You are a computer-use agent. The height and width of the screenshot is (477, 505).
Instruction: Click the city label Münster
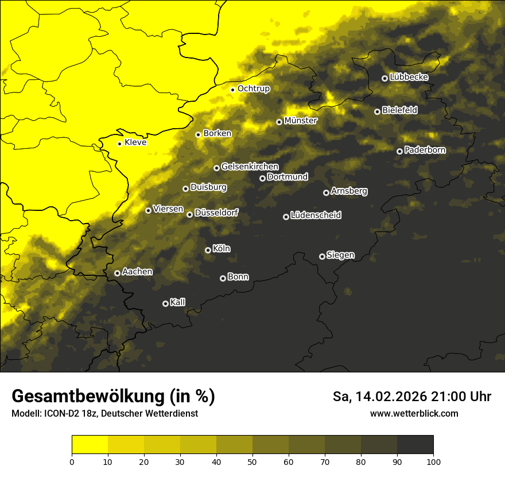301,121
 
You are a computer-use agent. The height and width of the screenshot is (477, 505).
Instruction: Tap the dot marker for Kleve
119,144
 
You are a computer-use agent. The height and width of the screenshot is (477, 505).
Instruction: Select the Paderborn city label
425,150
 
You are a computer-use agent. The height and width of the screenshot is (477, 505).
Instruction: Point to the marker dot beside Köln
208,250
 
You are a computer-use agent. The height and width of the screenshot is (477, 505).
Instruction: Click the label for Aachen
137,272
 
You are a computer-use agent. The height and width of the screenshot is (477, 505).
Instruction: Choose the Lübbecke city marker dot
384,78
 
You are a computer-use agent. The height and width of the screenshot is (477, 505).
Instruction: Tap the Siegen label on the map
340,255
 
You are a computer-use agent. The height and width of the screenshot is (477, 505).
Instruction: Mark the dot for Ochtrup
232,90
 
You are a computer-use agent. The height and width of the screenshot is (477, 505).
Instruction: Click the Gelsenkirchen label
250,167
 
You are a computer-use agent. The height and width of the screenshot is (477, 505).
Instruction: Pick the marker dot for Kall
165,303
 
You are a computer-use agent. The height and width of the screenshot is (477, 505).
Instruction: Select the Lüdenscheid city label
316,216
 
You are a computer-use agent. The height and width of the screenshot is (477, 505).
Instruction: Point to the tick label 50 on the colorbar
252,461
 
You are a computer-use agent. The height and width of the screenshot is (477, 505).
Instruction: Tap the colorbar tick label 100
433,461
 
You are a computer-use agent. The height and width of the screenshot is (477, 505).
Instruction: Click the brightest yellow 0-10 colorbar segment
90,445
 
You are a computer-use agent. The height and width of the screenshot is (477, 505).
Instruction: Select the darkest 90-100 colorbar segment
415,445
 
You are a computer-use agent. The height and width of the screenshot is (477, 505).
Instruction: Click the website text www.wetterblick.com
414,414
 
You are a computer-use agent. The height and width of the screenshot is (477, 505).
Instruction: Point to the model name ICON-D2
59,414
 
